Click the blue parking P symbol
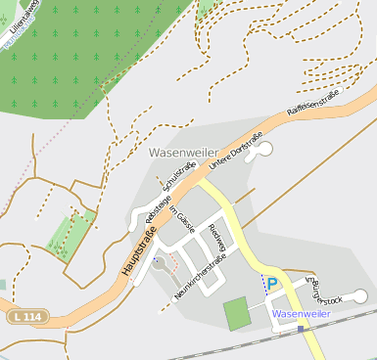[x=273, y=285]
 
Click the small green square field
[x=236, y=314]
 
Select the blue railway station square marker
[x=300, y=329]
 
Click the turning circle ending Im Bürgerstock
[x=359, y=295]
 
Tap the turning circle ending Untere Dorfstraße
[x=264, y=149]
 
